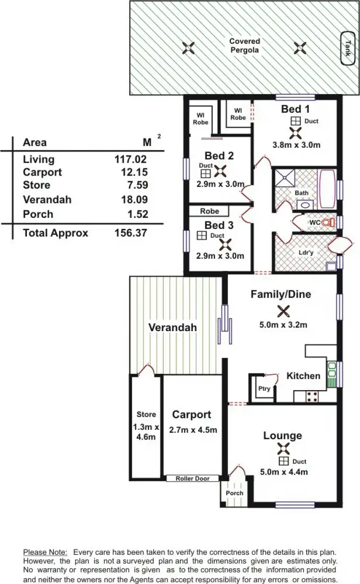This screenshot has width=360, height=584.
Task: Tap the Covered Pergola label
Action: [244, 46]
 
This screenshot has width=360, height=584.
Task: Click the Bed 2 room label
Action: [219, 155]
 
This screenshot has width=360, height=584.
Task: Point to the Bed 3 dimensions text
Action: [220, 256]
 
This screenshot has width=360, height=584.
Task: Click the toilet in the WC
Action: [328, 223]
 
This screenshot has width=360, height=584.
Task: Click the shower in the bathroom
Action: [288, 177]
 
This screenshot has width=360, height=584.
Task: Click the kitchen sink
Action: [332, 375]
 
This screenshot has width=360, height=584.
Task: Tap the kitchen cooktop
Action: [312, 396]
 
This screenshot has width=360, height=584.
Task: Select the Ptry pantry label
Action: [264, 389]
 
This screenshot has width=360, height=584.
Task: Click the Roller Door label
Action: [192, 478]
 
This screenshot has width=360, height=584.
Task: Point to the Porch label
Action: [235, 493]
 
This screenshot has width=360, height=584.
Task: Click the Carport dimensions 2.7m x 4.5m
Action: [193, 430]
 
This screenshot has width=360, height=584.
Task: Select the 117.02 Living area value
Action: [131, 159]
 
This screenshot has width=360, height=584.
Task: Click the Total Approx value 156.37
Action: [131, 233]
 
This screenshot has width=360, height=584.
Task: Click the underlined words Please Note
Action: [46, 552]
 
